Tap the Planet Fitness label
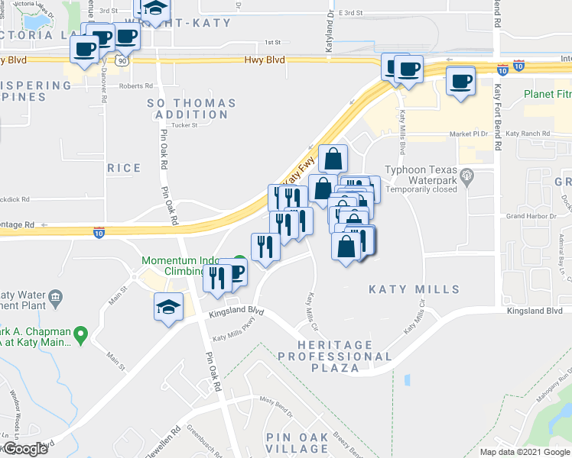click(x=548, y=95)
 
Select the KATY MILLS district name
click(x=414, y=289)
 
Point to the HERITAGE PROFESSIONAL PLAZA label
click(x=336, y=356)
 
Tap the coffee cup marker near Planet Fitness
click(x=460, y=81)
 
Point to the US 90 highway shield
click(x=123, y=61)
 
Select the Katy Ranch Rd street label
click(x=528, y=134)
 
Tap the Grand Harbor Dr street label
click(x=525, y=216)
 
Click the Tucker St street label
click(x=185, y=125)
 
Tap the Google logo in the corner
click(x=24, y=449)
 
